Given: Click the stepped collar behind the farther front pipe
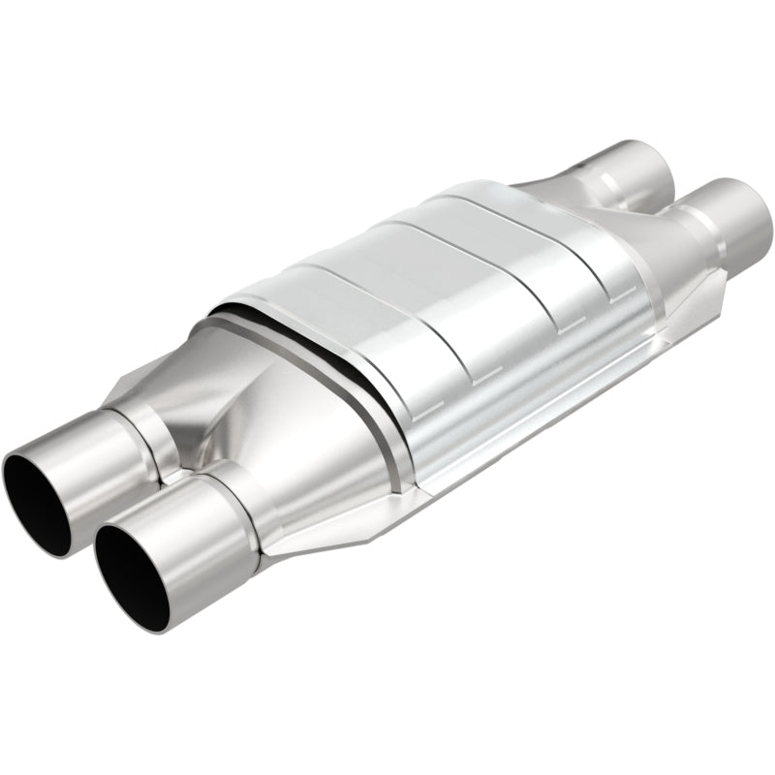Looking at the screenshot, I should tap(145, 426).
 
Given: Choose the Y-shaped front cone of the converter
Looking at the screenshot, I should tap(291, 426).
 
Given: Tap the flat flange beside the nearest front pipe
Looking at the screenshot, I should tap(291, 542).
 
